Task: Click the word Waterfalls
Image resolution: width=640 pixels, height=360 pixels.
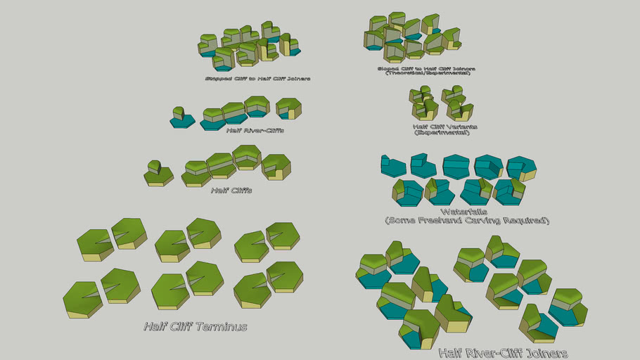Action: tap(466, 211)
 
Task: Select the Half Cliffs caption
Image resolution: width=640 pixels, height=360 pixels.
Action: tap(231, 190)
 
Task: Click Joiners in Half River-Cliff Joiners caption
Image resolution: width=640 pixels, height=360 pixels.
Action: tap(539, 353)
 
